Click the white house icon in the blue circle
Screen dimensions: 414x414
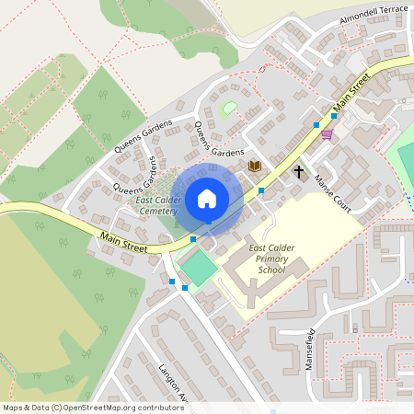pyautogui.click(x=207, y=198)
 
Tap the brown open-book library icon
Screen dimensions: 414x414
pyautogui.click(x=255, y=166)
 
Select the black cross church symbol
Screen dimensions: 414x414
pyautogui.click(x=298, y=171)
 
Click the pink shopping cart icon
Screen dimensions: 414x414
pyautogui.click(x=327, y=134)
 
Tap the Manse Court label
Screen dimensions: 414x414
pyautogui.click(x=333, y=192)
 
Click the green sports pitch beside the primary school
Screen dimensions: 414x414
pyautogui.click(x=198, y=268)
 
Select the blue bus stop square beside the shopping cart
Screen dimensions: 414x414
pyautogui.click(x=316, y=124)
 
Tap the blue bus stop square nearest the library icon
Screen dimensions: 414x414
pyautogui.click(x=261, y=190)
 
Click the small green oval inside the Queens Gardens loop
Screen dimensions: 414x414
pyautogui.click(x=229, y=109)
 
